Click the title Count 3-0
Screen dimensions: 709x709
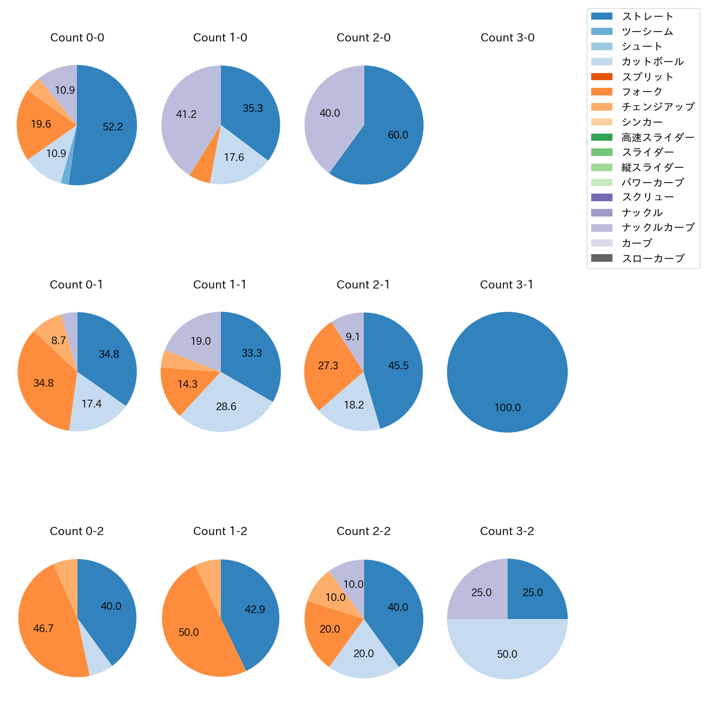507,38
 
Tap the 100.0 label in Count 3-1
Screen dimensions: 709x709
507,407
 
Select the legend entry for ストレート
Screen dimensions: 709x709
647,16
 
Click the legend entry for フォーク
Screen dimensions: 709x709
642,92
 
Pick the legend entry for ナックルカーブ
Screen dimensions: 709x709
658,227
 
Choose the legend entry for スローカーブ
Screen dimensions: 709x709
652,258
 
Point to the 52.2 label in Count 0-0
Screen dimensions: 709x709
113,127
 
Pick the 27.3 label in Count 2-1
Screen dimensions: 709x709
328,365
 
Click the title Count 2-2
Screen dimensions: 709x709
364,531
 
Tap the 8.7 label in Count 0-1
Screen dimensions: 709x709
59,340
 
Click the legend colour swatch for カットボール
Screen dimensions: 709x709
602,62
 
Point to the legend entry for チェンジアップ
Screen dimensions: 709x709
658,107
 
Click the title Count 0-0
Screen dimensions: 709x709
77,38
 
